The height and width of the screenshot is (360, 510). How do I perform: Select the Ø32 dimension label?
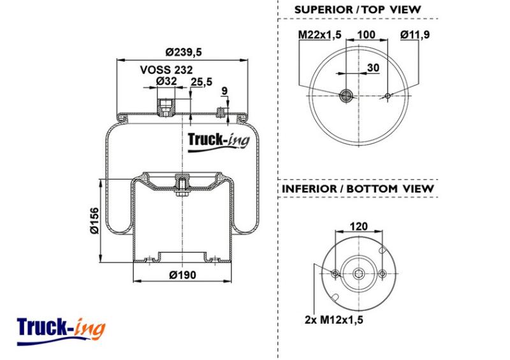166,81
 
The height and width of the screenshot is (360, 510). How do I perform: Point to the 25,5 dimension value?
201,82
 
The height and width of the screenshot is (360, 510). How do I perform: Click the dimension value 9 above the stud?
224,91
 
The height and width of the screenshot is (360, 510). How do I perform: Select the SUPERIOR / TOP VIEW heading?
357,10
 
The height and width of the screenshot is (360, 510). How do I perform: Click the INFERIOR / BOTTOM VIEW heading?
357,189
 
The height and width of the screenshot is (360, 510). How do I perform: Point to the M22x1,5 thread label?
321,34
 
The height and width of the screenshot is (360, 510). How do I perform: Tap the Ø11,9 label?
415,34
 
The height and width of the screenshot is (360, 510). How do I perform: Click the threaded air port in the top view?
346,96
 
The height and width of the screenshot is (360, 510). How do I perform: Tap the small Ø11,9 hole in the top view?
388,96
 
